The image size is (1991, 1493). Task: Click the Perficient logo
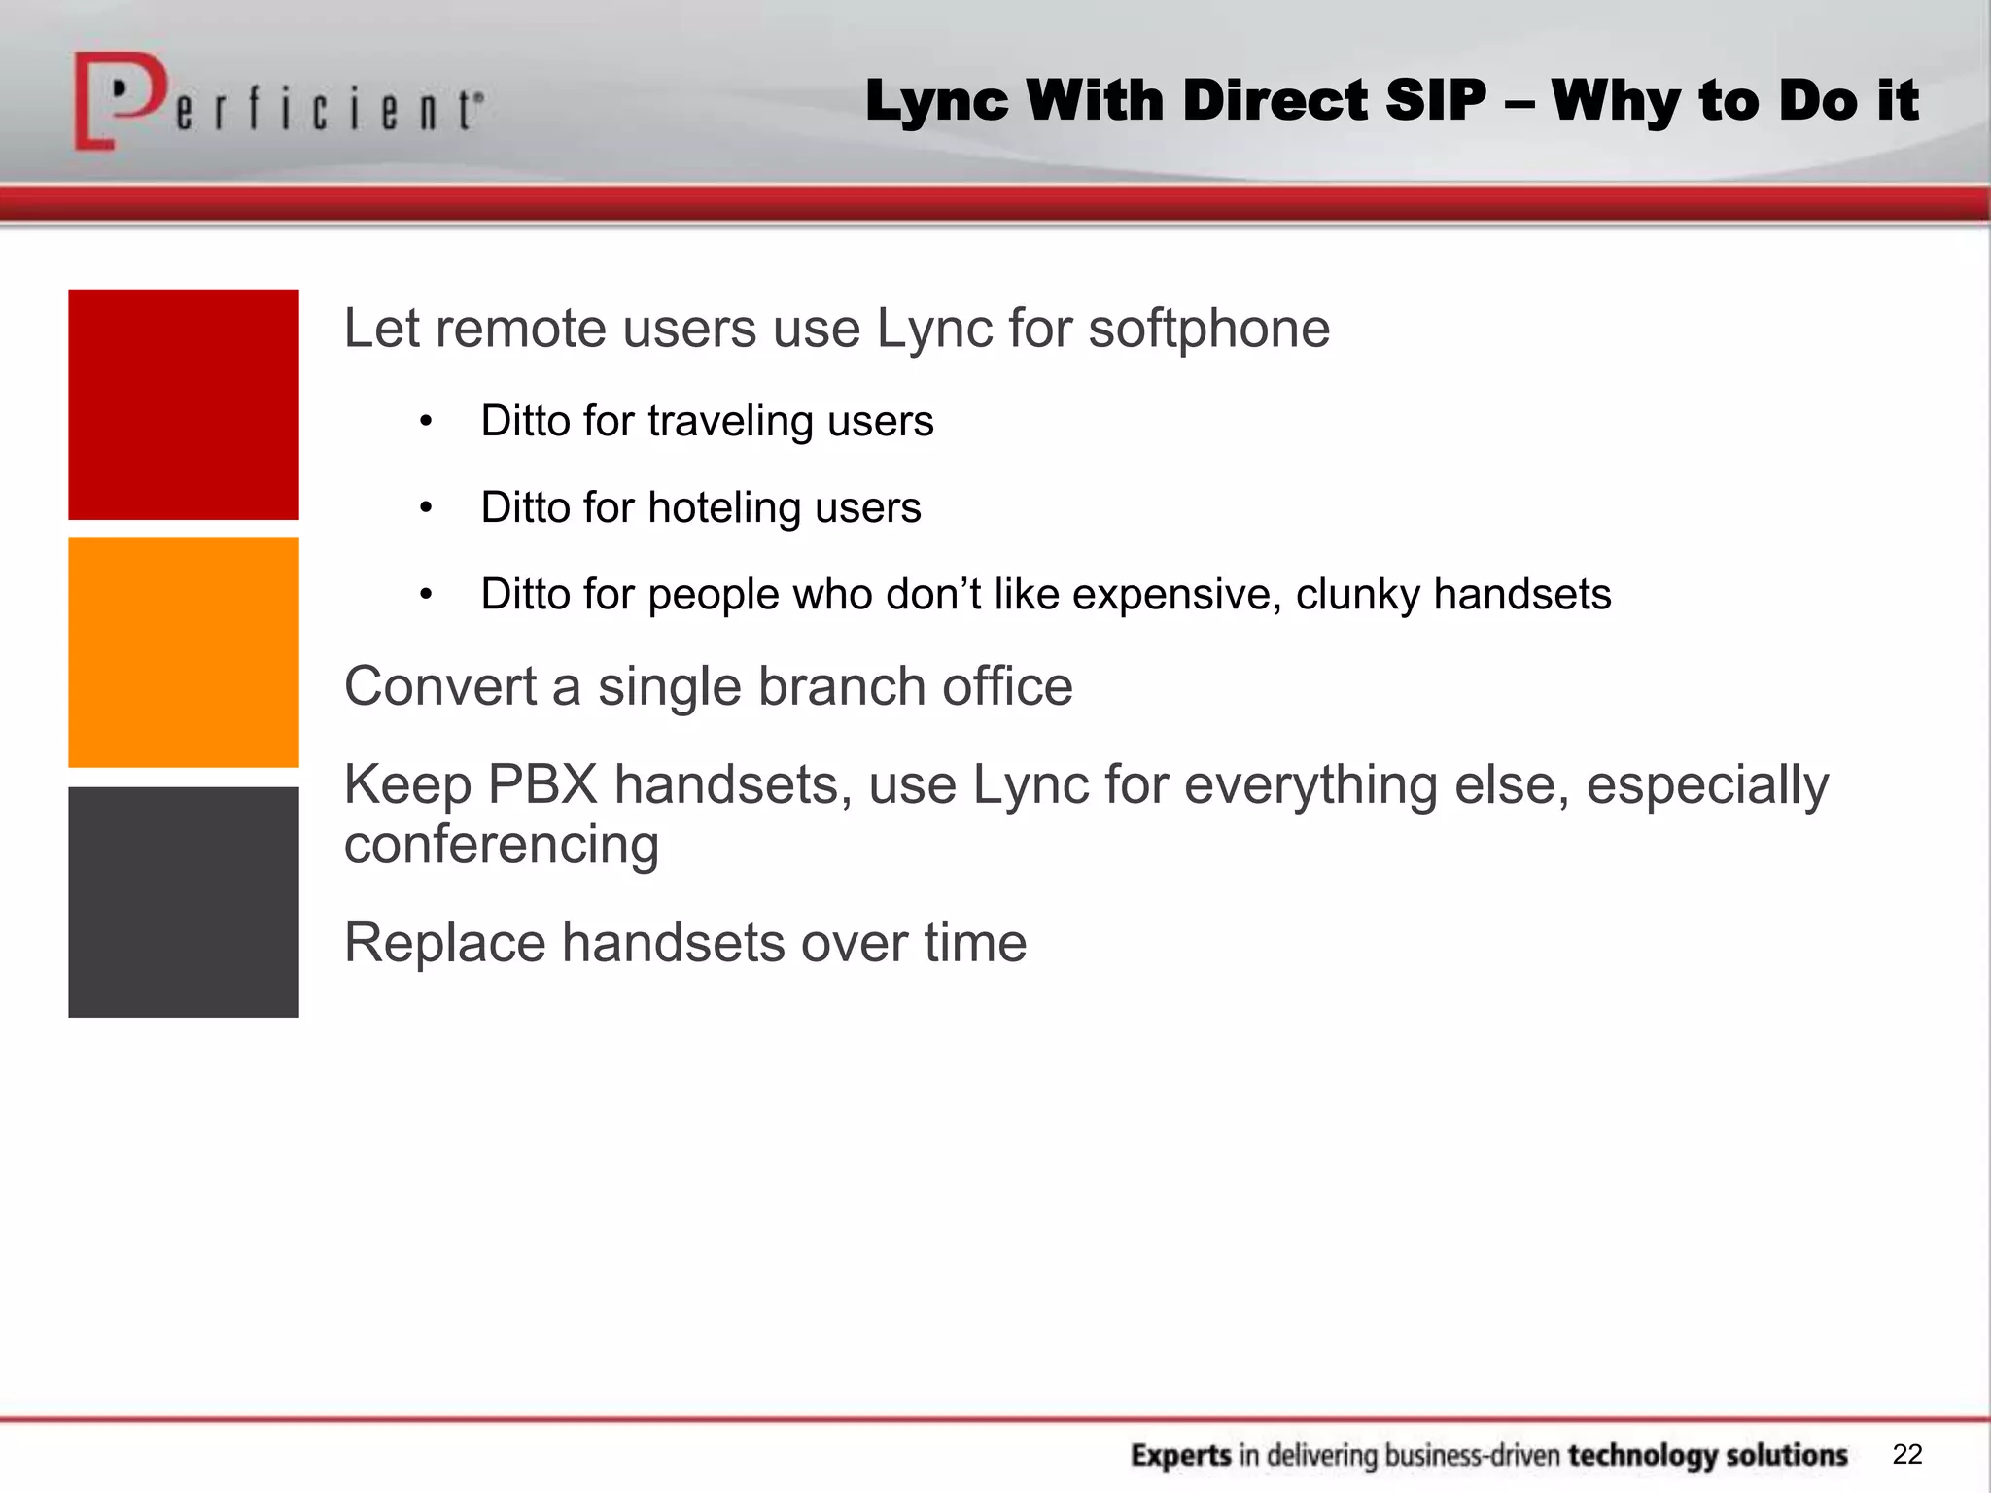pos(277,103)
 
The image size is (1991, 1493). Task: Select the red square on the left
pos(184,404)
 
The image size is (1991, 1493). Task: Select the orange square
pos(184,652)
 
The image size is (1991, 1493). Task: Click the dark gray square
pos(184,902)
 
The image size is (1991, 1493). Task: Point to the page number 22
pos(1907,1454)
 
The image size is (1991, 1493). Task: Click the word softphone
pos(1208,329)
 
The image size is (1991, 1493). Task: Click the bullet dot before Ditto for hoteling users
pos(425,508)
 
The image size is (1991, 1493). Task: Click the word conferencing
pos(502,844)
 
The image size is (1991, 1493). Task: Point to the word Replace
pos(444,943)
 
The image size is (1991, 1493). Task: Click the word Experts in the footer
pos(1181,1455)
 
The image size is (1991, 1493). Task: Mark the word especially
pos(1707,785)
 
